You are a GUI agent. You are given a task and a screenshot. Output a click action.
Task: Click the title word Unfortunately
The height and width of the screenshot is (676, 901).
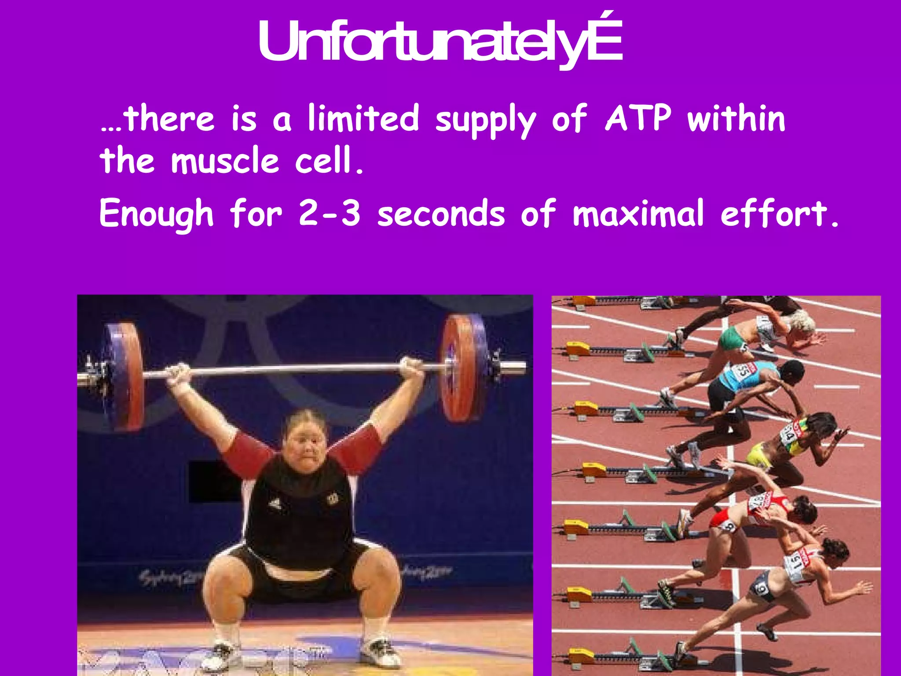point(440,42)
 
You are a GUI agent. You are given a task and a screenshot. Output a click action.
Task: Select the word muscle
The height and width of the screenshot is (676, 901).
point(225,161)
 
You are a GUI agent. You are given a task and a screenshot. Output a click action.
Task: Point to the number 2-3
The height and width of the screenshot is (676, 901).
point(330,213)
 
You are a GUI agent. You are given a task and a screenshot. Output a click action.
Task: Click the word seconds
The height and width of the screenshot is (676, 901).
point(441,214)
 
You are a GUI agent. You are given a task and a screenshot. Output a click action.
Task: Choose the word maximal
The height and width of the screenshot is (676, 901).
point(638,213)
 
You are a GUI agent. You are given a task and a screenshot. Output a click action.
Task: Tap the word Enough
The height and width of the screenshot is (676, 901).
point(156,214)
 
